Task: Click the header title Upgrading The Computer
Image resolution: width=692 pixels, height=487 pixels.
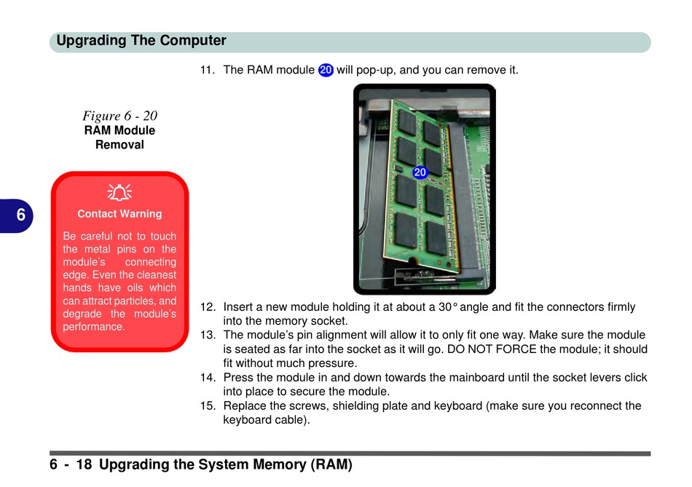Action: (141, 41)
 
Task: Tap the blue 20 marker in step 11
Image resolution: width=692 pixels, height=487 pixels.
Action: (326, 70)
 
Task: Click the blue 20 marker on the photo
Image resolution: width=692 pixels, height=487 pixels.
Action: (420, 172)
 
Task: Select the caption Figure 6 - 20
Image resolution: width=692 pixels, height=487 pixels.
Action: (119, 116)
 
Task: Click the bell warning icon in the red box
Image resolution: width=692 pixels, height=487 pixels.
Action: (119, 192)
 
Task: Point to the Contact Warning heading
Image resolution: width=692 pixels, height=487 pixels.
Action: (119, 214)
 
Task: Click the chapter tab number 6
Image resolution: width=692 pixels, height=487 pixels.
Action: (20, 215)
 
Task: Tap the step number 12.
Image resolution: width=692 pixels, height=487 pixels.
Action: (208, 307)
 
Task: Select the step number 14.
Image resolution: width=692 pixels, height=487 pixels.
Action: (208, 378)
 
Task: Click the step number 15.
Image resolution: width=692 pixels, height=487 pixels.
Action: (208, 405)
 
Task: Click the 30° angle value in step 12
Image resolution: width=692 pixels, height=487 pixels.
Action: (447, 307)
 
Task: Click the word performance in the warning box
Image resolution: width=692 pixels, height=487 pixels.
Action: (94, 327)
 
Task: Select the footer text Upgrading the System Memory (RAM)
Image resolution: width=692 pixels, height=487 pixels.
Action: (226, 464)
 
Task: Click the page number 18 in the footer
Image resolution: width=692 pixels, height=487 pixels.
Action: (84, 464)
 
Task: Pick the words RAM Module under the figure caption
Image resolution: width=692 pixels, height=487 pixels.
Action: (119, 130)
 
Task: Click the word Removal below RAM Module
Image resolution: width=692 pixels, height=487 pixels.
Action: (119, 144)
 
